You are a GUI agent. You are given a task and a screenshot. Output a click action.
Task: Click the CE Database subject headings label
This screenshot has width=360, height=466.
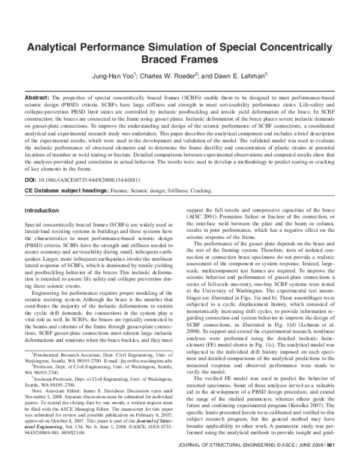tap(66, 190)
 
